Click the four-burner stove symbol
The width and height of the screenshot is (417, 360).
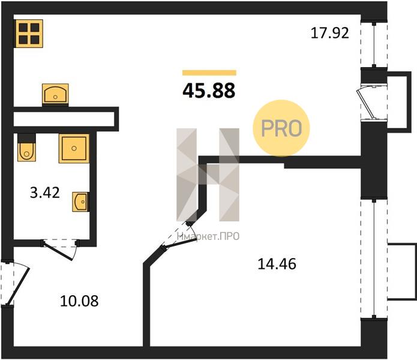click(29, 34)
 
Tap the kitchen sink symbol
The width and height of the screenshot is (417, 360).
click(55, 94)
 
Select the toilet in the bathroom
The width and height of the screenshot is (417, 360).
click(26, 148)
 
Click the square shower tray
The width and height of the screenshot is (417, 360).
click(74, 148)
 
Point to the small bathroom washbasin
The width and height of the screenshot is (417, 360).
click(80, 202)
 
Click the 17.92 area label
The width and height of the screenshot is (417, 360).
click(329, 33)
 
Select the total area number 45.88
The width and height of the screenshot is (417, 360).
click(209, 91)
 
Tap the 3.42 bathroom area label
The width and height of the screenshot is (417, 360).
click(44, 193)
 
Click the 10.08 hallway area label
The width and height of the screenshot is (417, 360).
click(79, 301)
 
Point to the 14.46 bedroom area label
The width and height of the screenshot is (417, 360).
click(277, 264)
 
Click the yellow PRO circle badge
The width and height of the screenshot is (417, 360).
click(281, 128)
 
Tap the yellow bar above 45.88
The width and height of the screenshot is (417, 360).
click(209, 73)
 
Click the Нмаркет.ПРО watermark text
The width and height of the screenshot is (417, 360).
click(208, 236)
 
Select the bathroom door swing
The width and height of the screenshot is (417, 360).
click(60, 250)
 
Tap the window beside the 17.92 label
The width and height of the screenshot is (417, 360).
click(374, 44)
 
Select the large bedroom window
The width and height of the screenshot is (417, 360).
click(374, 259)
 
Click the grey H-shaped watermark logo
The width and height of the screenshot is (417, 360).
click(208, 175)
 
